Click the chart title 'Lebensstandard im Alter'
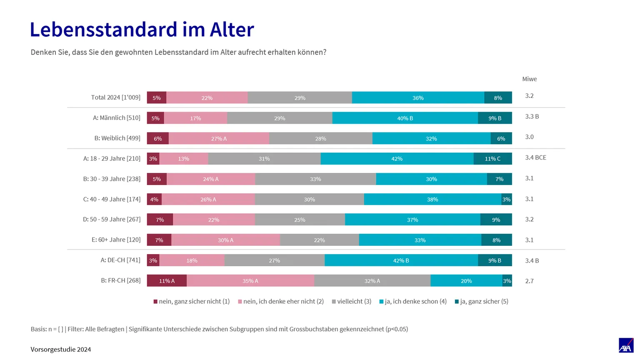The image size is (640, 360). (142, 30)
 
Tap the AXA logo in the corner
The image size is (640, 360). (626, 345)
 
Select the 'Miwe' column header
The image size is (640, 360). (530, 79)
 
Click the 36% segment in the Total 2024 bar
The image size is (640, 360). (418, 98)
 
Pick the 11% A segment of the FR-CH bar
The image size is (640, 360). (167, 280)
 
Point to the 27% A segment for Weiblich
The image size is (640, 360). (219, 138)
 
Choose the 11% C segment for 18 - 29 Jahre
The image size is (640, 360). (492, 159)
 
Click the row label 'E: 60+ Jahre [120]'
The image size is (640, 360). (116, 240)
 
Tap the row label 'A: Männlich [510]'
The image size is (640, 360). (117, 118)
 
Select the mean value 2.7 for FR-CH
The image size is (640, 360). (530, 281)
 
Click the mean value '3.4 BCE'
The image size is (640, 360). (536, 158)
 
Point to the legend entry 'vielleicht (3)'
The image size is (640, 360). (352, 301)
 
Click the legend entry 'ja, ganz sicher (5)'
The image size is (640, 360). (482, 301)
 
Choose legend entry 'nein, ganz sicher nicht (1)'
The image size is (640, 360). (192, 301)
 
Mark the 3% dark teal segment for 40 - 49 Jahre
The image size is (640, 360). (507, 199)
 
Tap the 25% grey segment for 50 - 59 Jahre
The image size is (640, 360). (300, 220)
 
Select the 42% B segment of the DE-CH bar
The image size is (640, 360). (401, 260)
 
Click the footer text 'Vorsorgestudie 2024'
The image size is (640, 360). (61, 350)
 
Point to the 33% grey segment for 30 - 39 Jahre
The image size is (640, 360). (315, 179)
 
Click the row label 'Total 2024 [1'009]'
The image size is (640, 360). (116, 97)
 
